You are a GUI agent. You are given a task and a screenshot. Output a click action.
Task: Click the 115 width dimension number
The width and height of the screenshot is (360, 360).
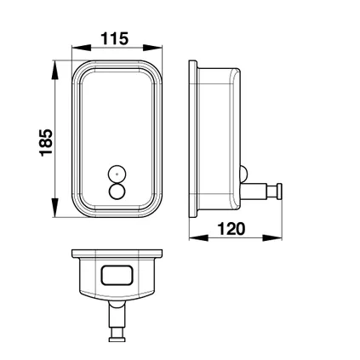[x=114, y=38]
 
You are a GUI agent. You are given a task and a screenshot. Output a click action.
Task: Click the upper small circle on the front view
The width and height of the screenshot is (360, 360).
[x=115, y=174]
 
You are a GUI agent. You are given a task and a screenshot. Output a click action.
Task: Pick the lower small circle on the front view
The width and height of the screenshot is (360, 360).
[x=115, y=189]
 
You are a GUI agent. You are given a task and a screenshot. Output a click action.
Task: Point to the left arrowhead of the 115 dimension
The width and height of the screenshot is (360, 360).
[x=76, y=50]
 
